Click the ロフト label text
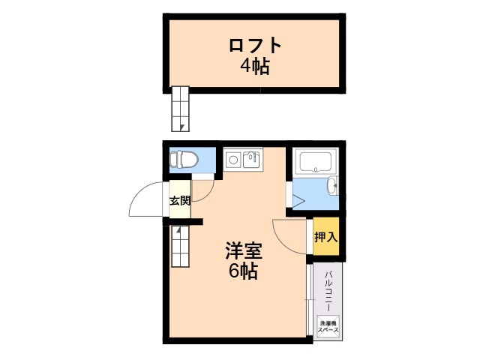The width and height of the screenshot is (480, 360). tap(255, 46)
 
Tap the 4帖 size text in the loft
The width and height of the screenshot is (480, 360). tap(255, 66)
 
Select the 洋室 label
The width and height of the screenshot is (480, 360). tap(244, 250)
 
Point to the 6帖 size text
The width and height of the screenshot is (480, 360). tap(243, 271)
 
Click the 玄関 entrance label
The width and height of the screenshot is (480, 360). tap(180, 200)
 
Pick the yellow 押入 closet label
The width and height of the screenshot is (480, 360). tap(325, 237)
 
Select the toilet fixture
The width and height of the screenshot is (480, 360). tap(184, 160)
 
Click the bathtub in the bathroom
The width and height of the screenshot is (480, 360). tap(316, 161)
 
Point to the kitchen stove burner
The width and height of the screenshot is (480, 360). tap(232, 159)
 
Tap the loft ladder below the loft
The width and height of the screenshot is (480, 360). tap(181, 109)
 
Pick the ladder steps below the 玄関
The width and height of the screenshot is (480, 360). tap(180, 246)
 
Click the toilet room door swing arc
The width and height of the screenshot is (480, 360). tap(206, 183)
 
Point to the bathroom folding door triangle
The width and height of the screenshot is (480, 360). tap(298, 200)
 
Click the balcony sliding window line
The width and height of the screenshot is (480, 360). tap(309, 300)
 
